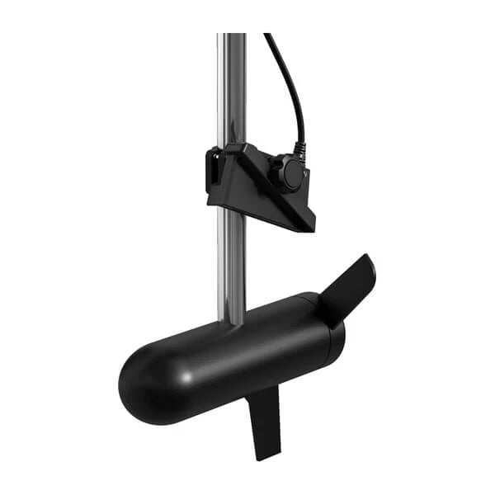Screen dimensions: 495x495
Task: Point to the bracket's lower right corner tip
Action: [311, 228]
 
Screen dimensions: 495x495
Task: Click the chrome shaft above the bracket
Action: [232, 91]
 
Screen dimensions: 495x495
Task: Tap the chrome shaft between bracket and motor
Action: [232, 264]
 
